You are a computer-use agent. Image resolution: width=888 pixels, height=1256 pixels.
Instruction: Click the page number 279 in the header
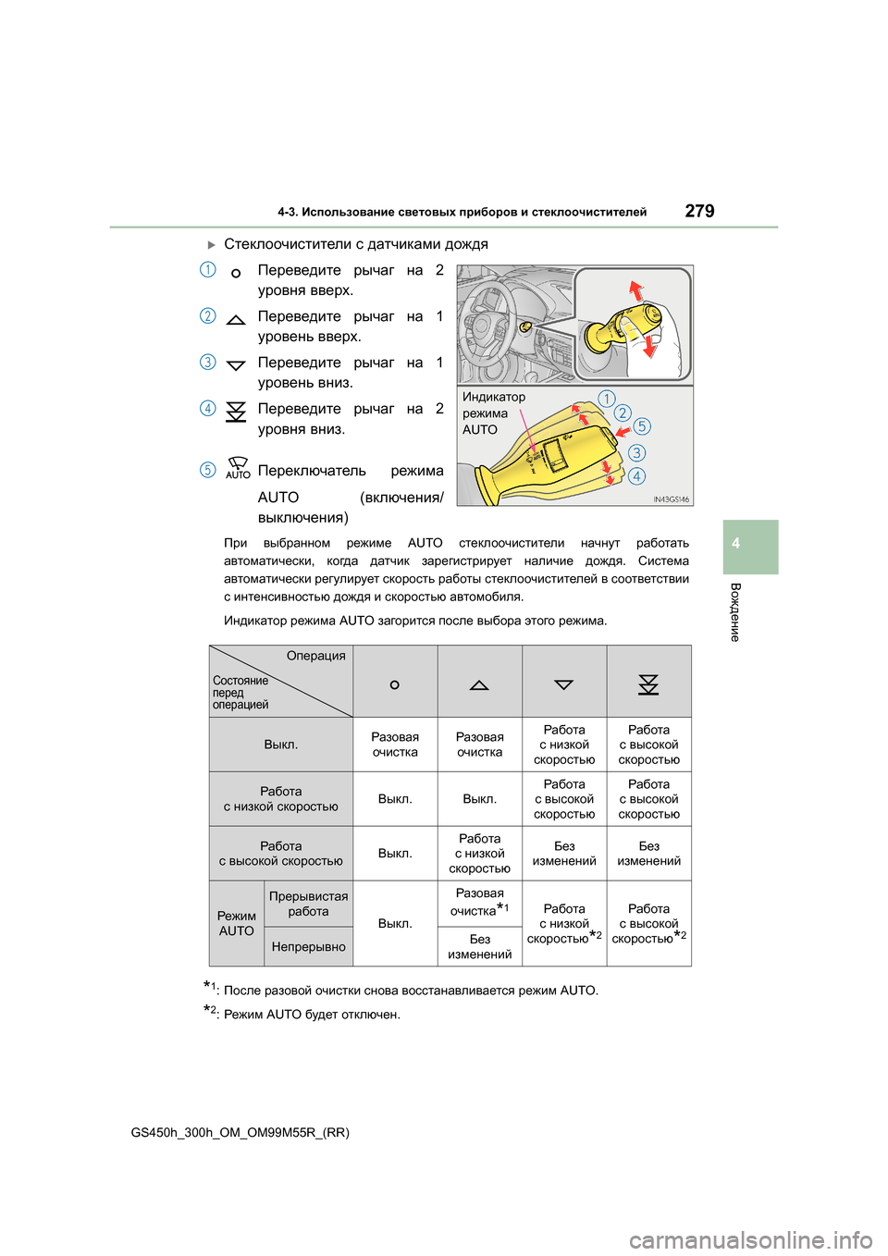pos(699,211)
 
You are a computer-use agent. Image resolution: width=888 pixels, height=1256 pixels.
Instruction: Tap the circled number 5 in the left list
pos(208,470)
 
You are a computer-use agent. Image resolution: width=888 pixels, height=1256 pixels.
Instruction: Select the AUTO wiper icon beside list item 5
pos(238,467)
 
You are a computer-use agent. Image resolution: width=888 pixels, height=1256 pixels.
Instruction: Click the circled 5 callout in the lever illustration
pos(642,426)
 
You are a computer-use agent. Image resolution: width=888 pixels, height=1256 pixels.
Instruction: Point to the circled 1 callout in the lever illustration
pos(607,399)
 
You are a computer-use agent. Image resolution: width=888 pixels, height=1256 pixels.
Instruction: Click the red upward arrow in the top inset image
pos(635,290)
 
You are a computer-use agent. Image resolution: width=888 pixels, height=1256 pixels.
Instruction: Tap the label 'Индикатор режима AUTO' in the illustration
pos(493,413)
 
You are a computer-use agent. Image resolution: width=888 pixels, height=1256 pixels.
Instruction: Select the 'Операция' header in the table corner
pos(315,656)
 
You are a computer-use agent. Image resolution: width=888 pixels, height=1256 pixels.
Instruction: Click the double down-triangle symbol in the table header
pos(648,684)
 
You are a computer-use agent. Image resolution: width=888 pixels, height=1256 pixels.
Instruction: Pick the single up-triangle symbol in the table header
pos(479,685)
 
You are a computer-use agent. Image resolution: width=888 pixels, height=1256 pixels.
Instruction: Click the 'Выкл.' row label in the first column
pos(280,745)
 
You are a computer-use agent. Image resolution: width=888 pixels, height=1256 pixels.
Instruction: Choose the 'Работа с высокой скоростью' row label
pos(280,854)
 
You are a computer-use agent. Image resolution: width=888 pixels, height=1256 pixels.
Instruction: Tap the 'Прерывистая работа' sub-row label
pos(308,904)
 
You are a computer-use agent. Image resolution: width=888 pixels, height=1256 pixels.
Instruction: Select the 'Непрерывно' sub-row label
pos(308,947)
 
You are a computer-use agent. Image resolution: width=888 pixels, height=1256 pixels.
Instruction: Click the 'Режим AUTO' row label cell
pos(237,924)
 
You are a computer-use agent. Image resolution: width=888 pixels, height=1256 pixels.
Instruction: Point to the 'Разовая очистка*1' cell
pos(479,903)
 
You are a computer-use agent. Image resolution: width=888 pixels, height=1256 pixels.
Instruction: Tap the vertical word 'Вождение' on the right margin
pos(735,612)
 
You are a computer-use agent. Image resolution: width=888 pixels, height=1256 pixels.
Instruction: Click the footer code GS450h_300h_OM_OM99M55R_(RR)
pos(240,1132)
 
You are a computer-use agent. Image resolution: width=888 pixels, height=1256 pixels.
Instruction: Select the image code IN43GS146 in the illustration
pos(671,499)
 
